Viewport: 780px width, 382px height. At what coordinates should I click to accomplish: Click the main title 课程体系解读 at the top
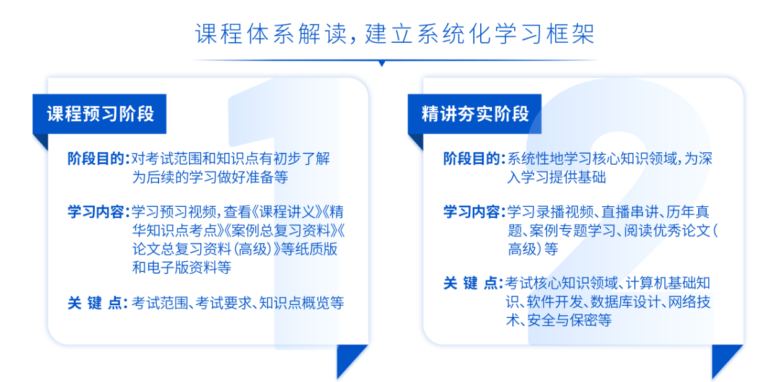pyautogui.click(x=271, y=34)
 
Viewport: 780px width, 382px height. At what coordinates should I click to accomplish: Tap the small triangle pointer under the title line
pyautogui.click(x=382, y=64)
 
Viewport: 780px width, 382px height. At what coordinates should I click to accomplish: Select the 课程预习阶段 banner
pyautogui.click(x=100, y=114)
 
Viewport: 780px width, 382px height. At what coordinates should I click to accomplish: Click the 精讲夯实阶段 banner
pyautogui.click(x=475, y=114)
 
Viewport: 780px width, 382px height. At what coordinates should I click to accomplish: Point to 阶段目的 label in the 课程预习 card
pyautogui.click(x=96, y=158)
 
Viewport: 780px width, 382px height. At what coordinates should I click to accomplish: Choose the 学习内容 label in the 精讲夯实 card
pyautogui.click(x=471, y=212)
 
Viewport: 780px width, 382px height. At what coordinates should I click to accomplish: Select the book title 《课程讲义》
pyautogui.click(x=287, y=212)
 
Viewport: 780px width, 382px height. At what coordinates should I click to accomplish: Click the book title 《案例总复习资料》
pyautogui.click(x=281, y=230)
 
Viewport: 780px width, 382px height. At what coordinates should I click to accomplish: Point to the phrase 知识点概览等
pyautogui.click(x=302, y=303)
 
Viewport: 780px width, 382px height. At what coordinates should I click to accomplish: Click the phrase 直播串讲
pyautogui.click(x=630, y=212)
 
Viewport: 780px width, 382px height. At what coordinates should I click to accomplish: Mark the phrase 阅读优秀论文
pyautogui.click(x=667, y=230)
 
